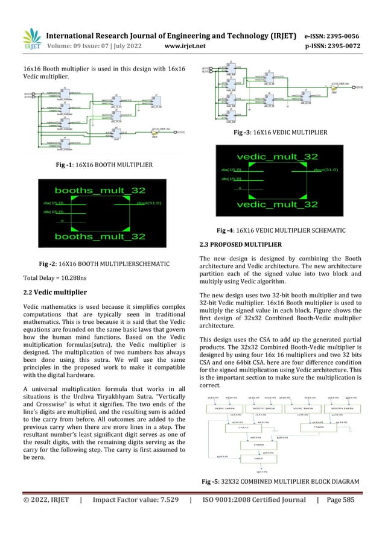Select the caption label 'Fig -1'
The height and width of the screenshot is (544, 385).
point(62,165)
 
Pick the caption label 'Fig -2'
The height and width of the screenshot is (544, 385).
point(47,264)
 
